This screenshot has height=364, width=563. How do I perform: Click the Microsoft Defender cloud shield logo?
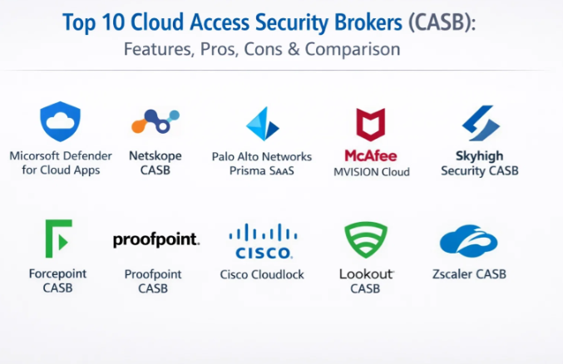59,121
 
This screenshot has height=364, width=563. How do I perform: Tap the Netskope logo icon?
155,123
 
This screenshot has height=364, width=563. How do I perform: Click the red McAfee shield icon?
370,125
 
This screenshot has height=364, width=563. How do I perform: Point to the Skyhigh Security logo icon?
480,123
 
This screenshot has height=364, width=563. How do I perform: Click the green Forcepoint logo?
58,239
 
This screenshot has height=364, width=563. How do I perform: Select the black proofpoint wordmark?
156,240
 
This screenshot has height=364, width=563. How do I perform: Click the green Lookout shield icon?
366,239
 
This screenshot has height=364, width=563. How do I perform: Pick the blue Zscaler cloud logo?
468,240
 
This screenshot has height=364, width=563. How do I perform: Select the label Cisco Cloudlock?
262,274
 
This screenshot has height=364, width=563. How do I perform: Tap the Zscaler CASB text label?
469,273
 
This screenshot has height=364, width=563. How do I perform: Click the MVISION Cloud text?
371,172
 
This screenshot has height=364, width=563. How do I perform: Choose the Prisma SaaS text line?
262,171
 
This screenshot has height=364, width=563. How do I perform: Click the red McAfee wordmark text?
370,155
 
